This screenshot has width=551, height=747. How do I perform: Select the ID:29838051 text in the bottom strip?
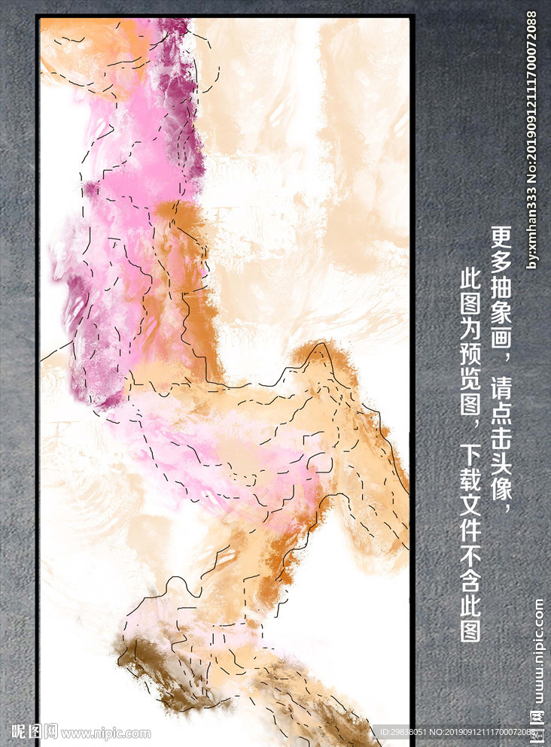tap(406, 732)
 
